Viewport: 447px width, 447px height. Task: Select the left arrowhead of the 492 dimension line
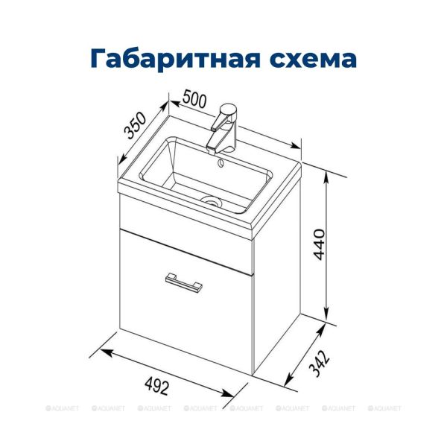[x=103, y=351]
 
